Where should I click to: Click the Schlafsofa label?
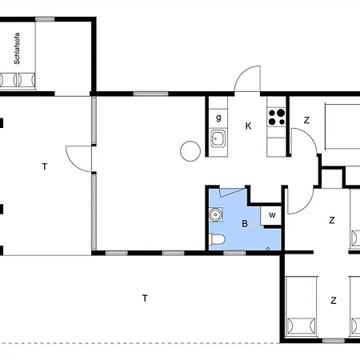click(17, 48)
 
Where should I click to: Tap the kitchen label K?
click(248, 126)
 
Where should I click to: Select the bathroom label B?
click(245, 223)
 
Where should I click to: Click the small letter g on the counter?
click(218, 118)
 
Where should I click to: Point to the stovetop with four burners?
click(277, 117)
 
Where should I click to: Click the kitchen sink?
click(218, 138)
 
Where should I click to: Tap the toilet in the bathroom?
click(217, 239)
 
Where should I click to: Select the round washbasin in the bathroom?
click(215, 214)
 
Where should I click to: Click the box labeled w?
click(271, 215)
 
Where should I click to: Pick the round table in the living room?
click(190, 151)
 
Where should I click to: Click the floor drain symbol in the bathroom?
click(268, 249)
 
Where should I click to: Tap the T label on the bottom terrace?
click(145, 298)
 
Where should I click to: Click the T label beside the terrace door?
click(45, 166)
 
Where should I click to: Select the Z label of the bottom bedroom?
click(334, 301)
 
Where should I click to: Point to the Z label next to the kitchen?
click(306, 120)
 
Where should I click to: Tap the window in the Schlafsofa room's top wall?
click(45, 19)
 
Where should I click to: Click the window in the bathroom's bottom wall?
click(234, 253)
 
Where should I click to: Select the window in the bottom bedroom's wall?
click(334, 341)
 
